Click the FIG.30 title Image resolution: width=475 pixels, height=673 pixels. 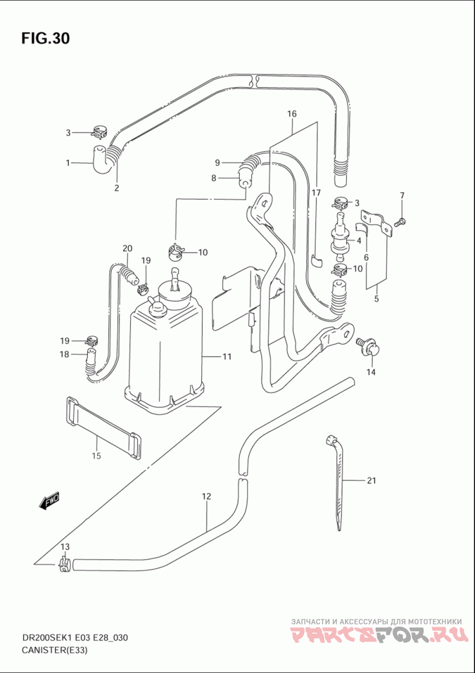click(x=45, y=38)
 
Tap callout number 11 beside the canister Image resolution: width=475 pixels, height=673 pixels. click(x=227, y=356)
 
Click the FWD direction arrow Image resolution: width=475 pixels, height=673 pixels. click(x=49, y=501)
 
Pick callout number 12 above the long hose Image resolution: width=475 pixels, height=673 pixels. click(x=207, y=497)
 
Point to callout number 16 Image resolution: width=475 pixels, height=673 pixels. click(x=292, y=113)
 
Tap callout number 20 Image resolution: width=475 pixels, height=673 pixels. click(x=128, y=248)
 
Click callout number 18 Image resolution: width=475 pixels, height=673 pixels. click(x=64, y=354)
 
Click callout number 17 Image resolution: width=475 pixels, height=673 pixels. click(x=316, y=192)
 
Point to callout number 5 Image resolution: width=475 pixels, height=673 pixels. click(x=376, y=299)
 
